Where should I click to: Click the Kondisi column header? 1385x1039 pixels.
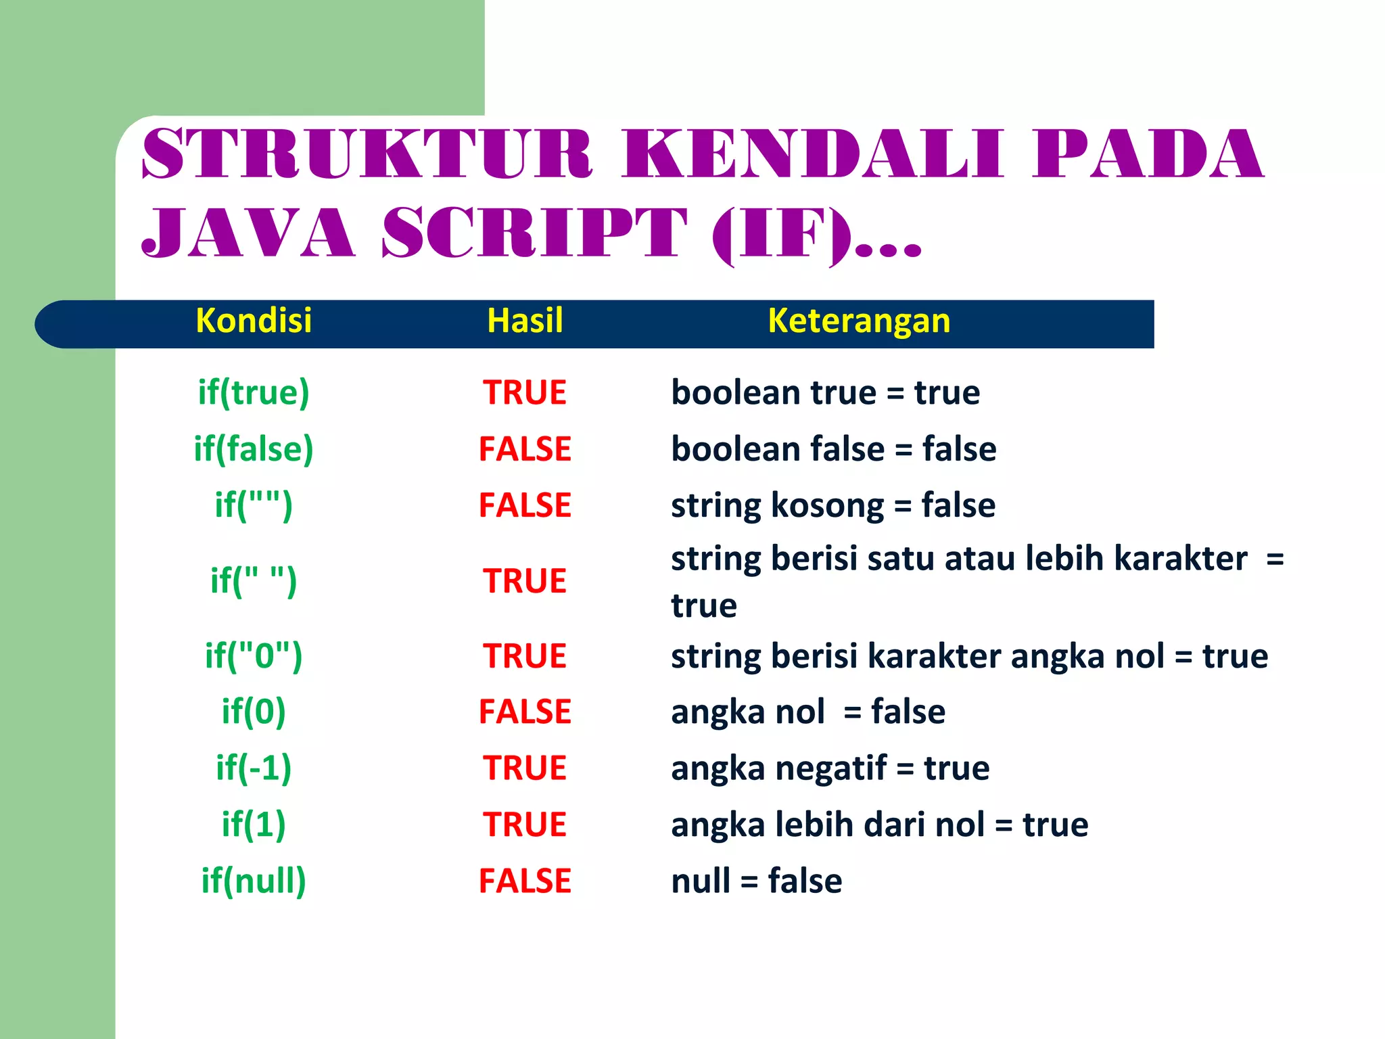click(254, 321)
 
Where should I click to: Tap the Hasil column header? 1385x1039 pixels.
click(525, 321)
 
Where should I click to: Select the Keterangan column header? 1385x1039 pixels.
click(859, 321)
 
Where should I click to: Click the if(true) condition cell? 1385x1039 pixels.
click(254, 392)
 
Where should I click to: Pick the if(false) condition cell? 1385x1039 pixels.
click(254, 449)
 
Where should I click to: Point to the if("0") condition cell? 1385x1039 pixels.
click(254, 656)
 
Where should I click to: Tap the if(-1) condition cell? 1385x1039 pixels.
click(254, 768)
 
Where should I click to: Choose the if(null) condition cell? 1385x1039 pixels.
click(254, 881)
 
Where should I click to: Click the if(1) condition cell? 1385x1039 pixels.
click(254, 825)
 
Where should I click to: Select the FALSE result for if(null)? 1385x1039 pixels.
click(525, 881)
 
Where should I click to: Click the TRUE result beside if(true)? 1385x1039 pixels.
click(525, 392)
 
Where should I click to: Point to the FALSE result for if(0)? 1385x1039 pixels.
click(525, 712)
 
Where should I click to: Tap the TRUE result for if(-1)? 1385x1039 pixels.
click(525, 768)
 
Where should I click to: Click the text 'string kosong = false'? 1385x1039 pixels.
click(833, 505)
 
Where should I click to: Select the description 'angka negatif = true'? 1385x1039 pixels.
click(830, 768)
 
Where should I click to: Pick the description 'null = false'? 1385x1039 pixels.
click(756, 881)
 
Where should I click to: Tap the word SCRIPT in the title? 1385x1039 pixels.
click(534, 233)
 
